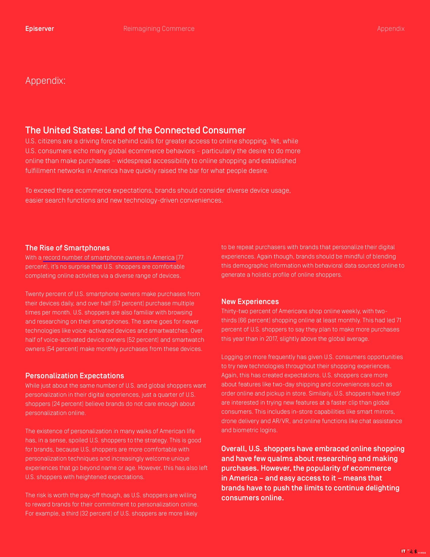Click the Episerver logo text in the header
click(39, 29)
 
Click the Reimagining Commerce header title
click(159, 29)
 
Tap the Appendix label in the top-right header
click(391, 29)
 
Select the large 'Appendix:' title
click(45, 81)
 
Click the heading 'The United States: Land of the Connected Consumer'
click(135, 130)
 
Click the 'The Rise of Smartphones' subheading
click(67, 248)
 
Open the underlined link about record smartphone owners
click(109, 257)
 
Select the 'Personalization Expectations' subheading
click(75, 376)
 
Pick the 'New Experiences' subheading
click(250, 302)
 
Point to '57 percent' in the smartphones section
click(128, 303)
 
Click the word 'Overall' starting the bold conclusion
click(233, 449)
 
